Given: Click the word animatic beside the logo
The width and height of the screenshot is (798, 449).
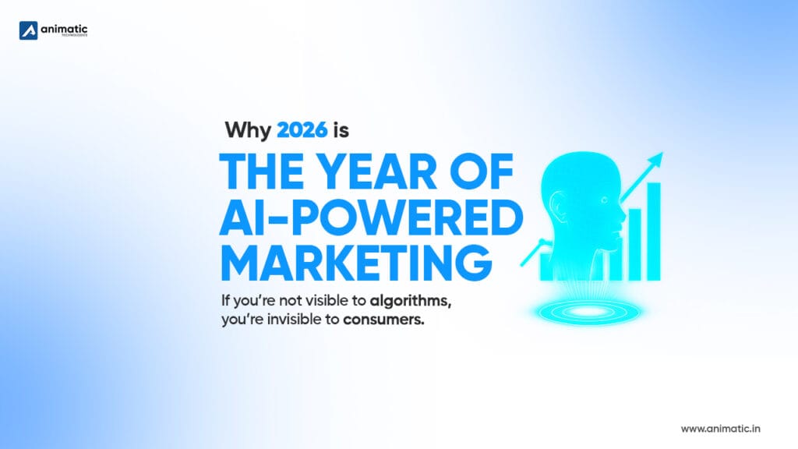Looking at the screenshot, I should pyautogui.click(x=64, y=30).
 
